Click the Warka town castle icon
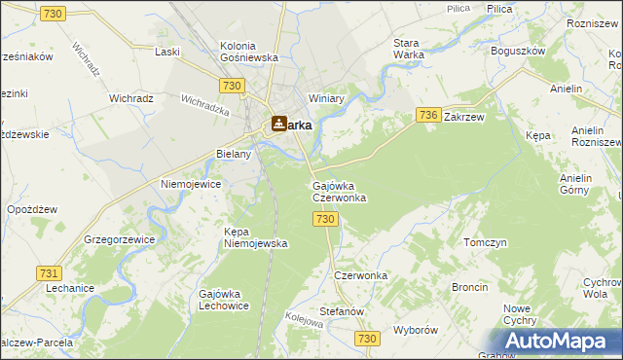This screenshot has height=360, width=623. (x=279, y=124)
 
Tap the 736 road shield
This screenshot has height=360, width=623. (x=427, y=115)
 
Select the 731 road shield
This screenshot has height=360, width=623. (x=50, y=274)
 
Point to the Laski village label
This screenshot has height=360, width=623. (x=168, y=52)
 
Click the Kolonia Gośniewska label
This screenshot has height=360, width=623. (x=249, y=52)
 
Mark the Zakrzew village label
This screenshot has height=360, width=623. (x=464, y=116)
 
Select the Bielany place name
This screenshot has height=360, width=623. (x=234, y=154)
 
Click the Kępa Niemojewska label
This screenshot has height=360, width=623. (x=255, y=237)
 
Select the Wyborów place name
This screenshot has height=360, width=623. (x=417, y=330)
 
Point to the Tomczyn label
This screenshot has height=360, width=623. (x=486, y=242)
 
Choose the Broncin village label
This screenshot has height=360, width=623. (x=469, y=288)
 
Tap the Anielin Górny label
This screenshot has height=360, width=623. (x=583, y=185)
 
